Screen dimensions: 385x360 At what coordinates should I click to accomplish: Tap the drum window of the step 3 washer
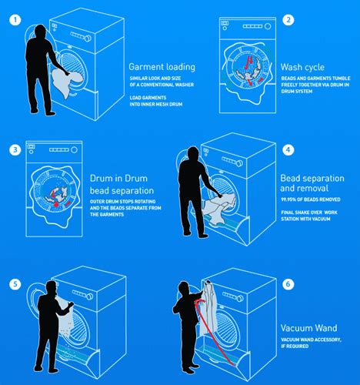tap(58, 192)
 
